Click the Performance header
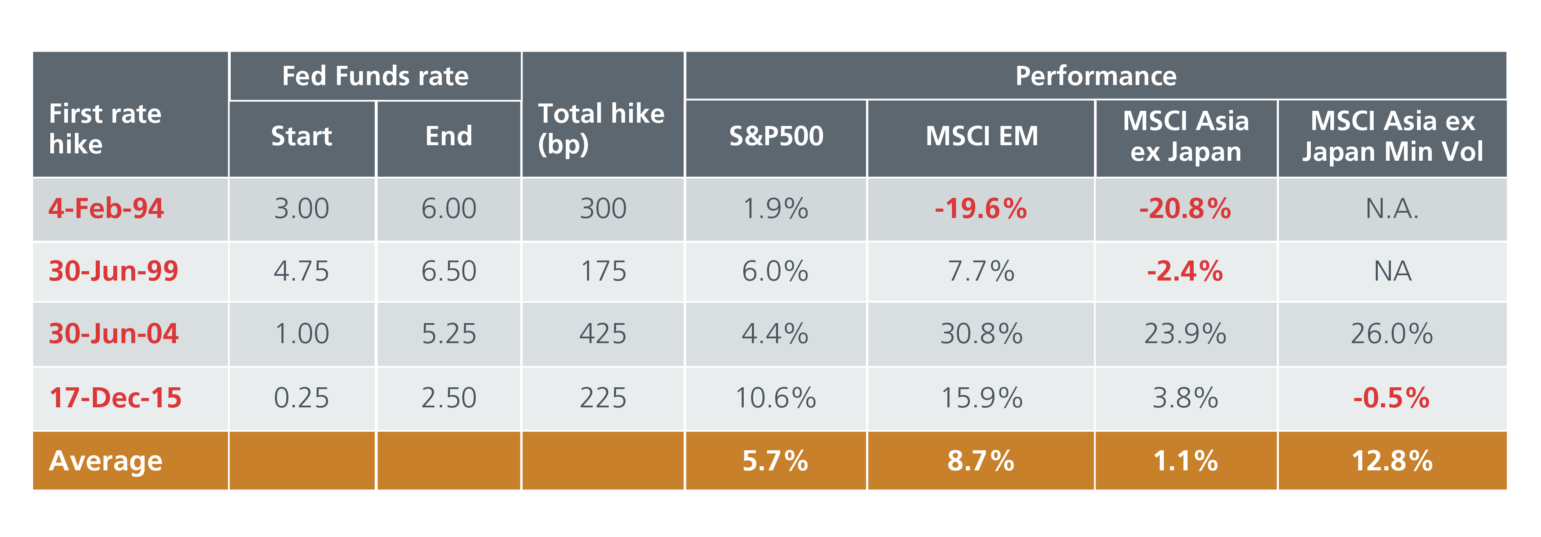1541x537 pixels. coord(1096,76)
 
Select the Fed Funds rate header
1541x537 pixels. coord(375,76)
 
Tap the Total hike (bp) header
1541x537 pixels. coord(601,128)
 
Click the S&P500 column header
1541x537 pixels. coord(776,136)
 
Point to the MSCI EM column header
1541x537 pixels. coord(981,136)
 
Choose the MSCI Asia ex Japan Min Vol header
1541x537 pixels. coord(1392,136)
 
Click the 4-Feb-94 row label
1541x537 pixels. coord(106,209)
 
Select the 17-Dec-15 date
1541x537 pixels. coord(115,398)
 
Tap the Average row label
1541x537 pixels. coord(106,461)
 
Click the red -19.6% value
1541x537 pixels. coord(981,209)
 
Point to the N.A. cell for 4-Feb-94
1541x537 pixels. coord(1392,209)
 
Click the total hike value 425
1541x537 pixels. coord(603,334)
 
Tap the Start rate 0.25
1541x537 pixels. coord(301,398)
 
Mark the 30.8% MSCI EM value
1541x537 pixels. coord(981,334)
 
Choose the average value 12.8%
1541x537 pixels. coord(1392,461)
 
